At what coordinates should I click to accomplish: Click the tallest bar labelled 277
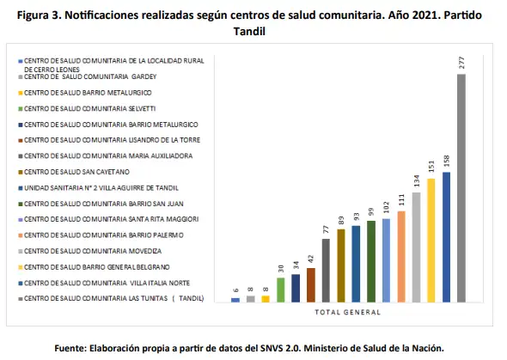[x=461, y=188]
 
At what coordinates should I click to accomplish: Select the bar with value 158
[x=446, y=237]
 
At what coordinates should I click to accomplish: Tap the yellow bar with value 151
[x=431, y=241]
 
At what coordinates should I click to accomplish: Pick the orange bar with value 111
[x=401, y=257]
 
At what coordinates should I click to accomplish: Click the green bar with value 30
[x=281, y=290]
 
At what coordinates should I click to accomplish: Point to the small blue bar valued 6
[x=235, y=300]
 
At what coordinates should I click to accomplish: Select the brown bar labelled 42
[x=311, y=285]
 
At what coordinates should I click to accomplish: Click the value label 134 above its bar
[x=417, y=181]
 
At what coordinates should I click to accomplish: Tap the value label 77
[x=326, y=229]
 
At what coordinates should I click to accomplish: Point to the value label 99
[x=371, y=212]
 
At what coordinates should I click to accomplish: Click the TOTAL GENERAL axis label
[x=347, y=313]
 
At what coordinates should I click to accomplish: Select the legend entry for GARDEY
[x=88, y=77]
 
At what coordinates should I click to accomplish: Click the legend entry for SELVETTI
[x=87, y=108]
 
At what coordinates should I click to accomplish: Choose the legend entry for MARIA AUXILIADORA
[x=106, y=156]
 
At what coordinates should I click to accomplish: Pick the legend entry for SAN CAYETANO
[x=74, y=172]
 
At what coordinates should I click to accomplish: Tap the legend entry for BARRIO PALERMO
[x=101, y=235]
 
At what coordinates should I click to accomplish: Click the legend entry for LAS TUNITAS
[x=111, y=299]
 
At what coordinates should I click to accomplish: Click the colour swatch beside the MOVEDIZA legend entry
[x=21, y=252]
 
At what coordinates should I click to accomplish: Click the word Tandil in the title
[x=249, y=31]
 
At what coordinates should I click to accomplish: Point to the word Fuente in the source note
[x=70, y=348]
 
